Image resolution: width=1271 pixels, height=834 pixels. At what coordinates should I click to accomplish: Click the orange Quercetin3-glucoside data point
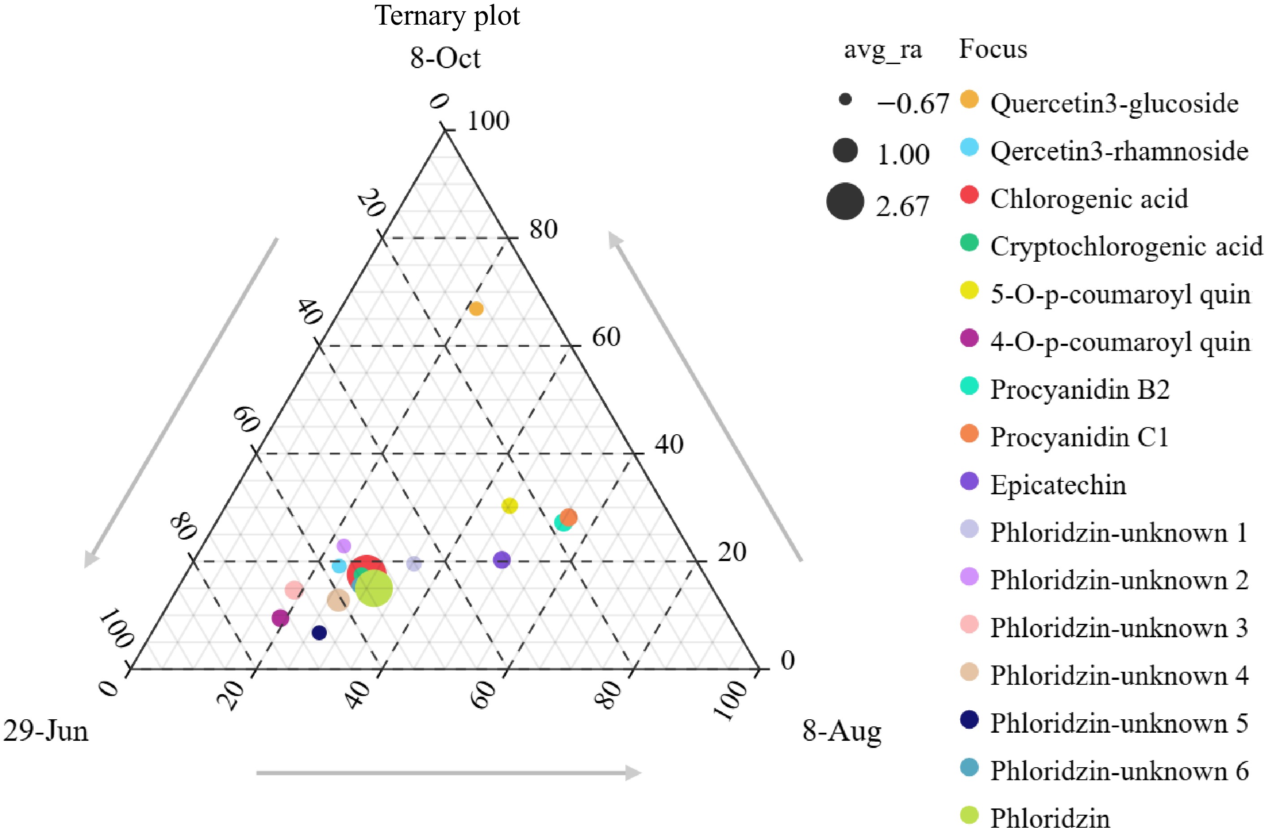(476, 309)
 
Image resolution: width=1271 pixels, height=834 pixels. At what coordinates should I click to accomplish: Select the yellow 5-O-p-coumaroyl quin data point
(510, 505)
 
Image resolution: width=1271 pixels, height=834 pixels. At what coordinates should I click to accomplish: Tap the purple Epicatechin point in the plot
(502, 560)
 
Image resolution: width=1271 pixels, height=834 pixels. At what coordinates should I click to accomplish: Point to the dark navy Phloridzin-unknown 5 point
(319, 633)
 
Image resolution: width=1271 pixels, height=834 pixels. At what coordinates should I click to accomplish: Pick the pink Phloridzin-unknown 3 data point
(294, 590)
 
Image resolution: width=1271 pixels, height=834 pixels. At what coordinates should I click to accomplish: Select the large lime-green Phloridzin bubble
(374, 588)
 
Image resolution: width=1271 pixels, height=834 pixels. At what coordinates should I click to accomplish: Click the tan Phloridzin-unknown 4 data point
(338, 601)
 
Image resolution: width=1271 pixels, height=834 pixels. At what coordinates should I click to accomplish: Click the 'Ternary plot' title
(447, 16)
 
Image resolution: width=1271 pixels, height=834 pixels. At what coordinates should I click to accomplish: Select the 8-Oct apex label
(445, 58)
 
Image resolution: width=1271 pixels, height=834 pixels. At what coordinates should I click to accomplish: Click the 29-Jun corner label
(46, 730)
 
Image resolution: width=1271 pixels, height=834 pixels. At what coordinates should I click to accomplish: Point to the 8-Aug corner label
(842, 730)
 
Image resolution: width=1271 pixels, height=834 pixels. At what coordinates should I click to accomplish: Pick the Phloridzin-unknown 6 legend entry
(1119, 771)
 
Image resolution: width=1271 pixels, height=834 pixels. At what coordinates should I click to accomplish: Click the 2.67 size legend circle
(845, 202)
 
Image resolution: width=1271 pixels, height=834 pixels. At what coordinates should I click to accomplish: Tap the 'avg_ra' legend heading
(883, 50)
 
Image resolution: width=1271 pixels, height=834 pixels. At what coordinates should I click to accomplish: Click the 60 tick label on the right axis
(606, 337)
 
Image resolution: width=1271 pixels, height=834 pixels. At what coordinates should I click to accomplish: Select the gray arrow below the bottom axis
(449, 773)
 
